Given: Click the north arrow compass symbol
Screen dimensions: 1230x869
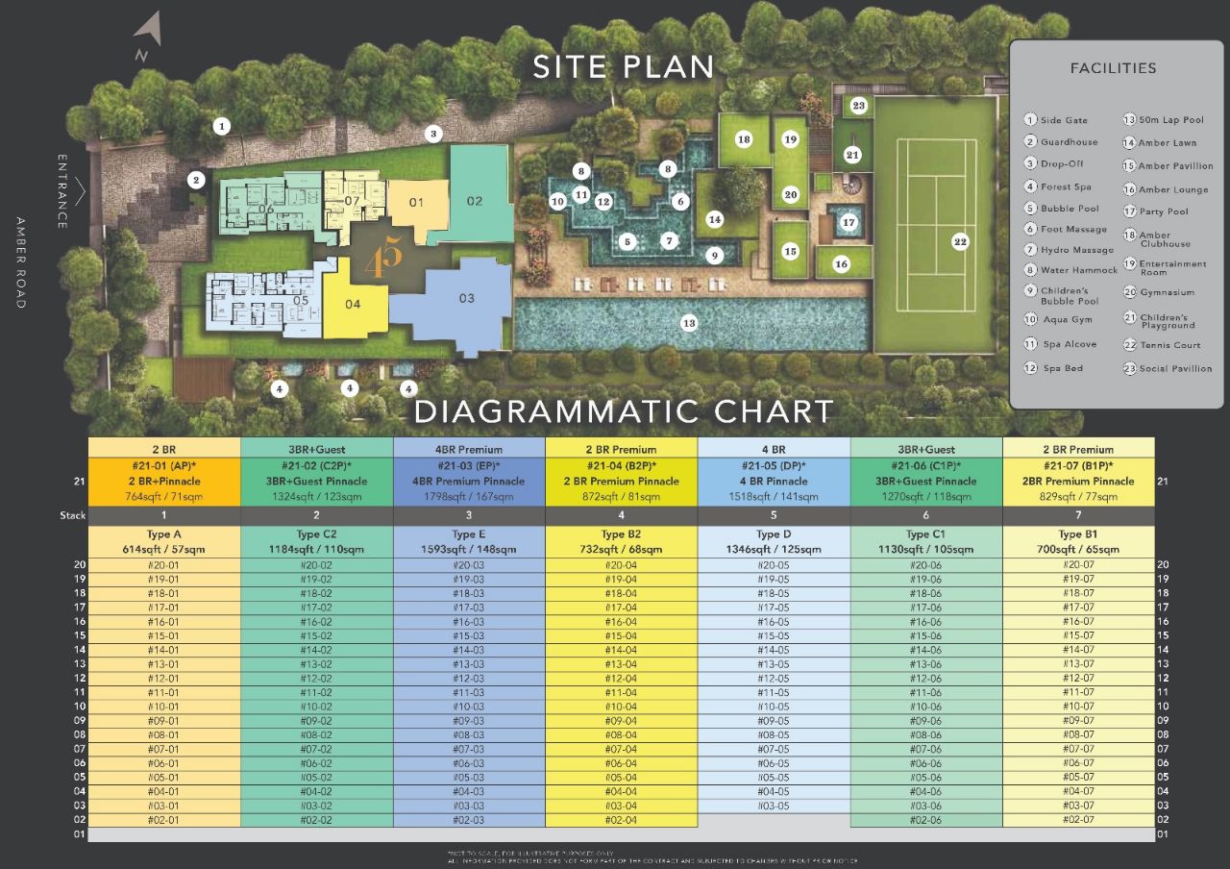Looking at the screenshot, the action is pos(146,35).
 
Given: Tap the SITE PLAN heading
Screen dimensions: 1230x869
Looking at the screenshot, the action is pos(624,67).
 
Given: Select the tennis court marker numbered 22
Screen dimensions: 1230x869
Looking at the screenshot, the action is pos(960,241).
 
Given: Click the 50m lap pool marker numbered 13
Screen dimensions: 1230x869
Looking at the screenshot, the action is pos(688,323).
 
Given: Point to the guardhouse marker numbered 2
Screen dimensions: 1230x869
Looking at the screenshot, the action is pos(196,180).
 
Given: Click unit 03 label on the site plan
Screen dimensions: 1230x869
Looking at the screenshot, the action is pos(466,298).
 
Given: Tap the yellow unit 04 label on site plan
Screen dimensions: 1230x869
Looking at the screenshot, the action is pos(353,305).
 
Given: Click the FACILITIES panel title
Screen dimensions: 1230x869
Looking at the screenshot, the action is pos(1113,68).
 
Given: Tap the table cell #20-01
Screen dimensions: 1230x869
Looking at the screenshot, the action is pos(164,565).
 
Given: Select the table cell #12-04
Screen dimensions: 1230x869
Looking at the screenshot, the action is pos(622,679).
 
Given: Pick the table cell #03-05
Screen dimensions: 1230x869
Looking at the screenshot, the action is pos(773,806).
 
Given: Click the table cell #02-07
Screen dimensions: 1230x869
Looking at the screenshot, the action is pos(1078,820).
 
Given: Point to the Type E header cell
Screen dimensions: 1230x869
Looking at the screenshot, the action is pos(469,534).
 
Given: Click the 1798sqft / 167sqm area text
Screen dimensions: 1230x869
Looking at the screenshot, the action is pos(469,497).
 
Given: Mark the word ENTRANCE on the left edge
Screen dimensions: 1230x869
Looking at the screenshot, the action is pos(62,191).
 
